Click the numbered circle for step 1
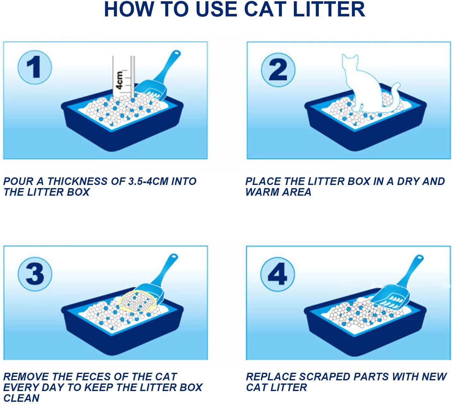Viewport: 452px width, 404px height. tap(34, 68)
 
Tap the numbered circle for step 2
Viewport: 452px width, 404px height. tap(278, 70)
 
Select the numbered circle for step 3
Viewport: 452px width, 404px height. tap(35, 274)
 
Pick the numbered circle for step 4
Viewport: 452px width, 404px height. tap(277, 274)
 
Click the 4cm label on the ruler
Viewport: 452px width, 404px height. tap(119, 80)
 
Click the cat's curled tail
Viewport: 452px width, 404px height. tap(393, 98)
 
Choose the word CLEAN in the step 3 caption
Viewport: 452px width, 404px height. tap(21, 398)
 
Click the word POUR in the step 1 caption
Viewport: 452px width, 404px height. tap(18, 181)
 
